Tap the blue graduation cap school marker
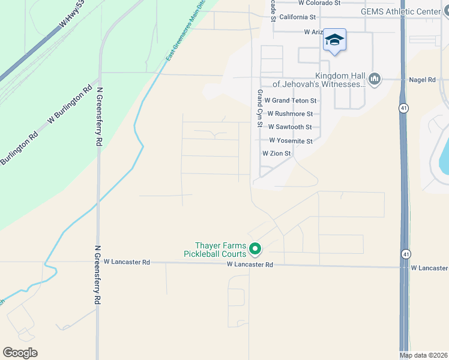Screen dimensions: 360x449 pyautogui.click(x=334, y=40)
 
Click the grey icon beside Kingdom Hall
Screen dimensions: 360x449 pyautogui.click(x=375, y=79)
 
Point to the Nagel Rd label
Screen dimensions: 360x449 pyautogui.click(x=423, y=79)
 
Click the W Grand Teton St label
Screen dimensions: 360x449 pyautogui.click(x=286, y=100)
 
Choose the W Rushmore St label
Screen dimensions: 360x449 pyautogui.click(x=290, y=113)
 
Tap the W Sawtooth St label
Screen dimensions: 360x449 pyautogui.click(x=290, y=127)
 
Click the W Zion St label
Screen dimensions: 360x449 pyautogui.click(x=276, y=154)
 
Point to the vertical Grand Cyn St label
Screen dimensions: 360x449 pyautogui.click(x=260, y=108)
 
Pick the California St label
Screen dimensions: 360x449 pyautogui.click(x=297, y=17)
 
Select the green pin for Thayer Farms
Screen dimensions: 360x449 pyautogui.click(x=255, y=248)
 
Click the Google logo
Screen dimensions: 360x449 pyautogui.click(x=20, y=353)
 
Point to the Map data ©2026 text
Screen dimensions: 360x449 pyautogui.click(x=424, y=355)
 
